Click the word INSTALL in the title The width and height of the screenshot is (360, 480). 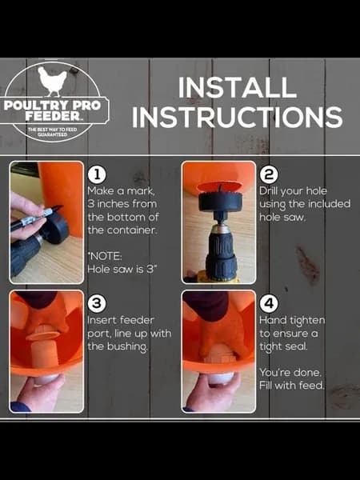tap(238, 87)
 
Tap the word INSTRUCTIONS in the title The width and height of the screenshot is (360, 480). tap(238, 117)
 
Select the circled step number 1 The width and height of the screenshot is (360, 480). tap(97, 175)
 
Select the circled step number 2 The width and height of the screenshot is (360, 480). tap(269, 175)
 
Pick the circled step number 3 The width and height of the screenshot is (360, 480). tap(97, 304)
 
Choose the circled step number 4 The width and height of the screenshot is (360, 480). tap(269, 304)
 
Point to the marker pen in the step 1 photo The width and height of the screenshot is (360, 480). tap(36, 218)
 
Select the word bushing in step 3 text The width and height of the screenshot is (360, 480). tap(129, 347)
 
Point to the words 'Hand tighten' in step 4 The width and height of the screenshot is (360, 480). tap(292, 321)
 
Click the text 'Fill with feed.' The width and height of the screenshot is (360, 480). tap(291, 386)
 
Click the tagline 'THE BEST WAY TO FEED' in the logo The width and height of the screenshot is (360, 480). tap(53, 130)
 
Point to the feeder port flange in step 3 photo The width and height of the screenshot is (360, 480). tap(42, 335)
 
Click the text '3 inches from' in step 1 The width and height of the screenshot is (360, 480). tap(122, 204)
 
